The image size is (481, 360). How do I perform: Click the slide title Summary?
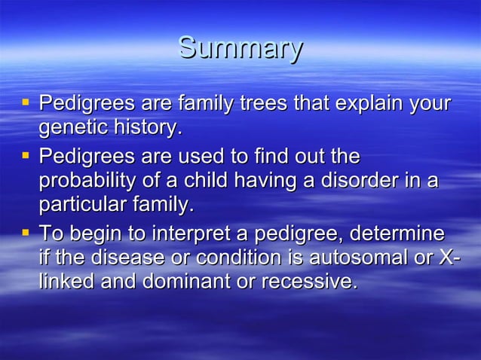tap(240, 49)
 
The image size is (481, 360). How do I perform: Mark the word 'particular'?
tap(80, 206)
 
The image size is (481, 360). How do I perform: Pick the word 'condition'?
tap(241, 258)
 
